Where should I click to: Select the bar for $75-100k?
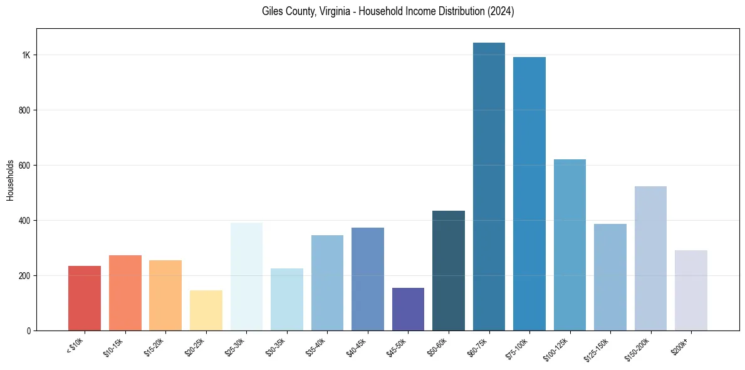click(529, 194)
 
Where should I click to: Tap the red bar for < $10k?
click(85, 299)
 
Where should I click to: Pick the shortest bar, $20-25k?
click(206, 310)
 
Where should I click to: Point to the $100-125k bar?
click(570, 245)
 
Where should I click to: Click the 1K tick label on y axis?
click(26, 55)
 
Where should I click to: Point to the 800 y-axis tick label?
click(24, 110)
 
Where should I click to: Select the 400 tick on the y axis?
click(24, 221)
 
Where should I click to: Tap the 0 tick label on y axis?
click(28, 330)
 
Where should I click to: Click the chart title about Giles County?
click(388, 12)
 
